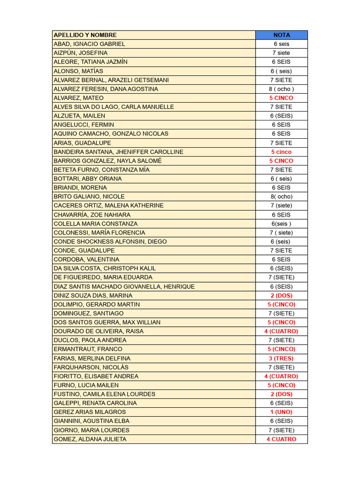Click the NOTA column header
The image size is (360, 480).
281,35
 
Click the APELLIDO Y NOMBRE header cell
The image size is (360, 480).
85,35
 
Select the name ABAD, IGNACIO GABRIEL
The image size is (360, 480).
90,44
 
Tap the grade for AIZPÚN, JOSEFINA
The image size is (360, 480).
281,53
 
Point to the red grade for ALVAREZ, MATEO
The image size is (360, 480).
281,98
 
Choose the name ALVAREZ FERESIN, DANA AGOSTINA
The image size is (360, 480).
106,89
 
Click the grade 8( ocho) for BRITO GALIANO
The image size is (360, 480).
281,197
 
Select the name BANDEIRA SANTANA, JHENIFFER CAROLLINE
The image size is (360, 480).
119,152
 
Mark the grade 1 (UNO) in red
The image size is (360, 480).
281,412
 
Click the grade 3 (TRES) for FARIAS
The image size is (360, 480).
281,358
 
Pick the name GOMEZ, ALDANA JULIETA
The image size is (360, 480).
90,439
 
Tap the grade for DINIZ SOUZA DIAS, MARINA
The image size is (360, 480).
281,295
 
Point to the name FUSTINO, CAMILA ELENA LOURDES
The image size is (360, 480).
105,394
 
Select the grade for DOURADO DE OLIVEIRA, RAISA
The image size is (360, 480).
281,331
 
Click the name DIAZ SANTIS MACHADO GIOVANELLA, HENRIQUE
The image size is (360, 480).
124,286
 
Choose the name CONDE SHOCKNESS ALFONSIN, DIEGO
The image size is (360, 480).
110,241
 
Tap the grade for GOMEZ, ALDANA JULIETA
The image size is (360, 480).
281,439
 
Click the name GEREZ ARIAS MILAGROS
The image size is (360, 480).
90,412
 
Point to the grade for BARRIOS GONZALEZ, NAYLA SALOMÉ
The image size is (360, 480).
281,161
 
